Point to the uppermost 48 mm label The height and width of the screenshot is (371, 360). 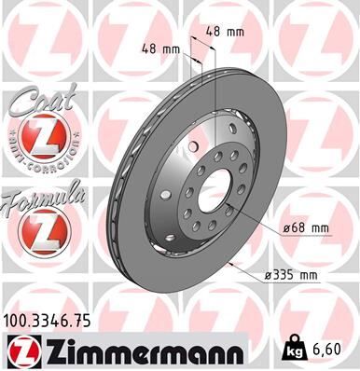point(225,32)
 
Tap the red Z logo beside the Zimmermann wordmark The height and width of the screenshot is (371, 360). point(22,350)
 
